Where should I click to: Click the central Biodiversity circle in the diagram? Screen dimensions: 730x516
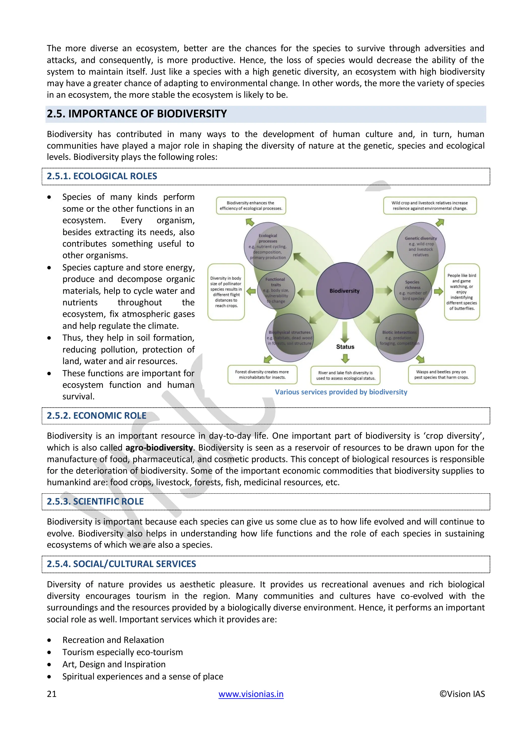point(344,291)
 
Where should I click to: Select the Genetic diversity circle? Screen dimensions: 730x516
point(421,247)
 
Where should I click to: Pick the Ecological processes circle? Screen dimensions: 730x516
point(268,247)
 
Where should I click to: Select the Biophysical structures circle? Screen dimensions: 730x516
point(289,338)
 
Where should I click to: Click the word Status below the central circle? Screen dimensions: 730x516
point(345,347)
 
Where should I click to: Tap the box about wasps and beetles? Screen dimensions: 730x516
point(441,375)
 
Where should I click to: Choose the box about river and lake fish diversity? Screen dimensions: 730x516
point(345,376)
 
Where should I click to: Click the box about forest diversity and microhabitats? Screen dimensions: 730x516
point(262,375)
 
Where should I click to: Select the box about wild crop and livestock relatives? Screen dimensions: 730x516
point(430,206)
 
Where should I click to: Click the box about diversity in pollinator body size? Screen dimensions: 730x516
point(226,292)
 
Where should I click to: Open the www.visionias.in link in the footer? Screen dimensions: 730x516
point(251,694)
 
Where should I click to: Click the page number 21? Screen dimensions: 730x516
point(52,694)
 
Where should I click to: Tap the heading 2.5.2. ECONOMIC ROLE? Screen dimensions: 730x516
point(96,416)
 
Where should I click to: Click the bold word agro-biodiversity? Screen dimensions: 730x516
point(159,448)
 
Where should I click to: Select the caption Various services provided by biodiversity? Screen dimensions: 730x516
point(341,392)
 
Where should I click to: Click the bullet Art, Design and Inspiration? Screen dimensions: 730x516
point(114,664)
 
